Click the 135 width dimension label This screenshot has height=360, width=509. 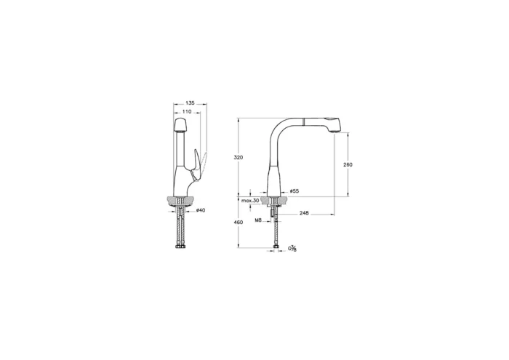190,103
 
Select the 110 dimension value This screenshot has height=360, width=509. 187,112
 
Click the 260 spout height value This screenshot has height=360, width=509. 347,165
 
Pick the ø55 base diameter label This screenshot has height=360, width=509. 294,191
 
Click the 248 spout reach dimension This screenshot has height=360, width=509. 304,213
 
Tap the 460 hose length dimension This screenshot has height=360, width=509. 238,222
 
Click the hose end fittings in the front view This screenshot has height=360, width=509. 182,246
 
